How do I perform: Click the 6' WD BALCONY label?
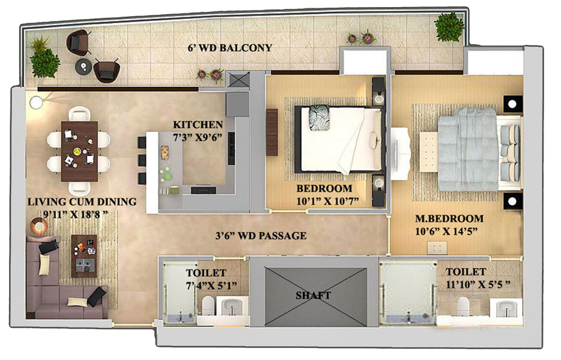[x=230, y=48]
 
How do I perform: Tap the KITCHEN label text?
[x=198, y=125]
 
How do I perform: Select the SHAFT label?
[x=313, y=295]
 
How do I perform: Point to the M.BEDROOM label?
[x=449, y=218]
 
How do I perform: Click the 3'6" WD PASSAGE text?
[x=261, y=236]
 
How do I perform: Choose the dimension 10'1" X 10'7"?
[x=327, y=201]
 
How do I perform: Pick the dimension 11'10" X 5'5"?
[x=478, y=285]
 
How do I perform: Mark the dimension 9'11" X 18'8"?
[x=75, y=215]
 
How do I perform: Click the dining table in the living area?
[x=79, y=152]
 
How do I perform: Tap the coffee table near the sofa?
[x=84, y=256]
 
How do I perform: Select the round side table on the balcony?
[x=83, y=66]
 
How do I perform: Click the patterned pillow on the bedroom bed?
[x=319, y=117]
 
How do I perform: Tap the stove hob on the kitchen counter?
[x=203, y=190]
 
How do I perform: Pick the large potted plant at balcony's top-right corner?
[x=449, y=27]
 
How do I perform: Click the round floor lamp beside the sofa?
[x=39, y=227]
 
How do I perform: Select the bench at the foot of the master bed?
[x=428, y=152]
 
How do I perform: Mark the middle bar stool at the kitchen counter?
[x=142, y=160]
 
